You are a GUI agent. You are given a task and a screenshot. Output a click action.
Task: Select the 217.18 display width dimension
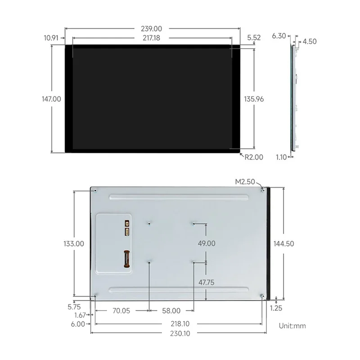(152, 38)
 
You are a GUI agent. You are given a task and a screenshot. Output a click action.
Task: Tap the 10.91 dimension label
(51, 38)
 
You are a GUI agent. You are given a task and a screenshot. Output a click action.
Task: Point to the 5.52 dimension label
(254, 38)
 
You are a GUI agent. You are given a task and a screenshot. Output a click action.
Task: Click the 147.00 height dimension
(51, 99)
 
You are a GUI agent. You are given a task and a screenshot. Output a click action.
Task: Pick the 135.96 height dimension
(254, 99)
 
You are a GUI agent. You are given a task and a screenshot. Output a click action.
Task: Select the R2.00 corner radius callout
(253, 157)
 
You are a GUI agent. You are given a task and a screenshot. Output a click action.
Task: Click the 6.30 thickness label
(279, 36)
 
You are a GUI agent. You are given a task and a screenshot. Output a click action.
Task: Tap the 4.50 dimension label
(310, 41)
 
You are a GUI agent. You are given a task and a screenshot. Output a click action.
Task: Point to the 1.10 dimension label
(281, 157)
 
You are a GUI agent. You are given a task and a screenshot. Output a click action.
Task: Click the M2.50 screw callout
(245, 182)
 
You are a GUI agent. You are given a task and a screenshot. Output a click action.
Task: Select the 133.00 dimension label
(73, 243)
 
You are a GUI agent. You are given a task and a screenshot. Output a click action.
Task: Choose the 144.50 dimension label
(283, 243)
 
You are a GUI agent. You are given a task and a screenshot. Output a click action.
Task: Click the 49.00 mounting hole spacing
(207, 243)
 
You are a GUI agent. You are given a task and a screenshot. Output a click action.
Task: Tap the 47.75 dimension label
(207, 282)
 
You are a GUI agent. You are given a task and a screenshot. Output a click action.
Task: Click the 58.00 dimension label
(171, 310)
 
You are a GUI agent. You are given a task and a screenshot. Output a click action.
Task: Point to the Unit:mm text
(292, 325)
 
